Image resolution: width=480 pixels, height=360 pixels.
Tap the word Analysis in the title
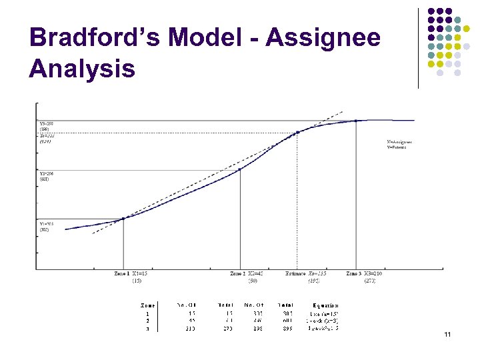pos(82,68)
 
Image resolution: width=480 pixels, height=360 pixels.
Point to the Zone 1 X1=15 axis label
pos(131,274)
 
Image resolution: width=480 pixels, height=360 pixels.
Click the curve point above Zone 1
pos(123,218)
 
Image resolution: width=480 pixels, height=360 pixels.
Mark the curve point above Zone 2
pos(240,169)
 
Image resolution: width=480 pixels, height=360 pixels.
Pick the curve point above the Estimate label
pos(297,132)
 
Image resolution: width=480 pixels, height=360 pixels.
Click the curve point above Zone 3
pos(356,121)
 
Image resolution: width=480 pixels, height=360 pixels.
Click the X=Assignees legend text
pos(399,141)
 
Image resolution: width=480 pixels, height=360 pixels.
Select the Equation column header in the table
pos(325,305)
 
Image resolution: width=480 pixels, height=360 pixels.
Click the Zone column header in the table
pos(147,305)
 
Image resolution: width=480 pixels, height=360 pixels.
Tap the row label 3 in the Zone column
pos(147,328)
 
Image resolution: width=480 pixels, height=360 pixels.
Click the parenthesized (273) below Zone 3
pos(369,281)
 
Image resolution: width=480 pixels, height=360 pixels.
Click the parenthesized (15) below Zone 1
pos(136,281)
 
